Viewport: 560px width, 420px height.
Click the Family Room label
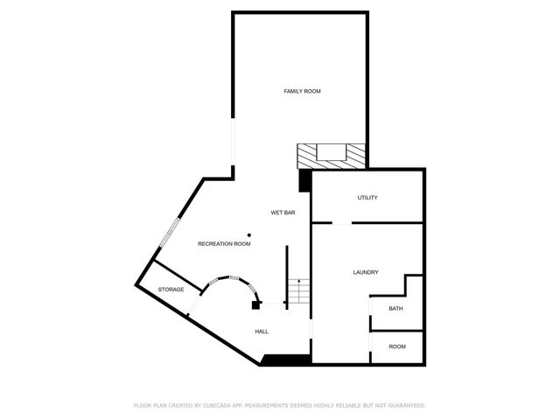[x=301, y=91]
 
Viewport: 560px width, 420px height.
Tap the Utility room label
[x=367, y=198]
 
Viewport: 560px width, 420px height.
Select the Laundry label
[x=366, y=272]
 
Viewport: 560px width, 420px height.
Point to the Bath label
[x=395, y=308]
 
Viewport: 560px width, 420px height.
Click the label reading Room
[x=397, y=346]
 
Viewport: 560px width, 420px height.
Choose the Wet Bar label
[x=283, y=213]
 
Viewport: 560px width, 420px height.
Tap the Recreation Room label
[x=224, y=243]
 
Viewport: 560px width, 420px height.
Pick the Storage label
[x=171, y=289]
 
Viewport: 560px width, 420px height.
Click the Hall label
[x=262, y=332]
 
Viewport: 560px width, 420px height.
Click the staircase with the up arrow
[x=299, y=291]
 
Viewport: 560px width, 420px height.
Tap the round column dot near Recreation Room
[x=249, y=234]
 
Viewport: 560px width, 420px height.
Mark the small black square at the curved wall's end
[x=256, y=305]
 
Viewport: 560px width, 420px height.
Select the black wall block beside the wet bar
[x=304, y=179]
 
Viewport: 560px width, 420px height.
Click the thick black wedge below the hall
[x=285, y=360]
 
